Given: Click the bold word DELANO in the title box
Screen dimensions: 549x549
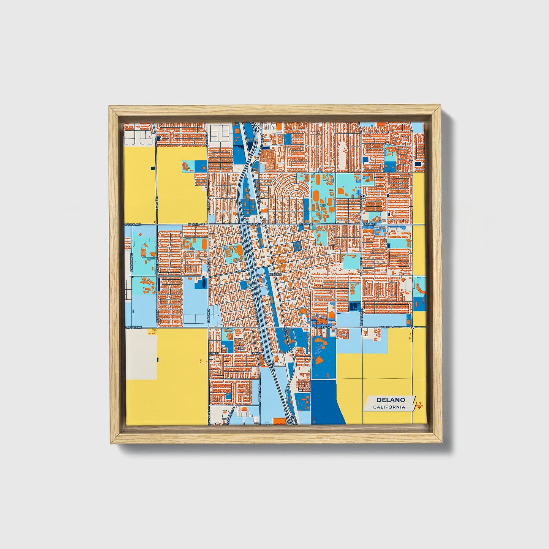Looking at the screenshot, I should (x=391, y=400).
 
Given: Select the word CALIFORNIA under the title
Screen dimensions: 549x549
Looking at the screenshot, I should (x=389, y=407).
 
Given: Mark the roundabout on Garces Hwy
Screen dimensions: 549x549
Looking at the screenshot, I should (x=412, y=327).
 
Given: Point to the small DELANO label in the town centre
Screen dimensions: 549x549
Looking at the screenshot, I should (x=274, y=274).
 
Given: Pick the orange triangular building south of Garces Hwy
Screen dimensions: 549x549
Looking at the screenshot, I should (x=320, y=359).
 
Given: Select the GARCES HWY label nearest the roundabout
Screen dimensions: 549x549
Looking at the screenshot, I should (x=387, y=327).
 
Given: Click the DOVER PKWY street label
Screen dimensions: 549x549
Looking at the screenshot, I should (x=260, y=393).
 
